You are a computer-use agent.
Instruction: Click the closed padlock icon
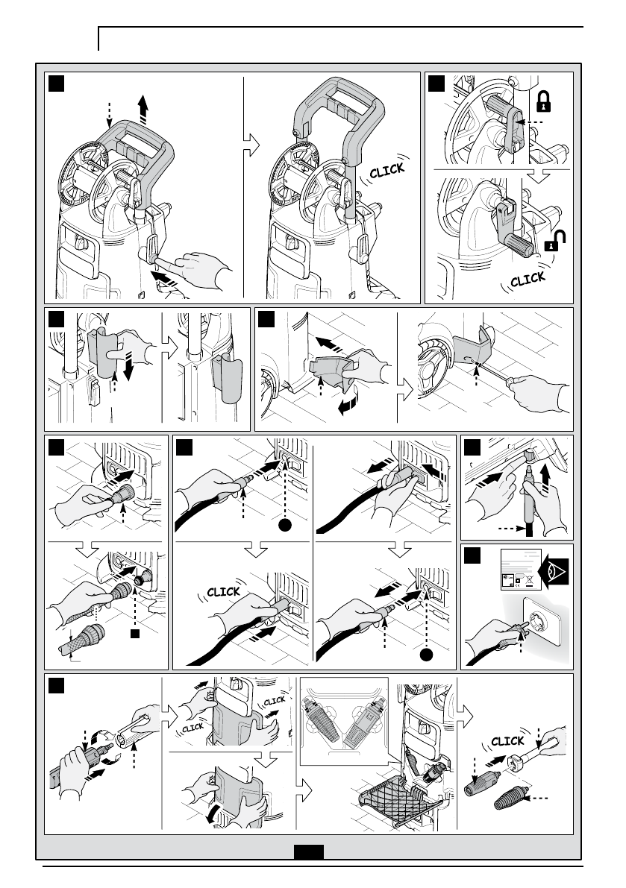(543, 100)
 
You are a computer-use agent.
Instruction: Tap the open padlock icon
(554, 241)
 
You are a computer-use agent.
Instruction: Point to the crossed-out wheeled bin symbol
(529, 580)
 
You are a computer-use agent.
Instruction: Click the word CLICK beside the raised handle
(387, 171)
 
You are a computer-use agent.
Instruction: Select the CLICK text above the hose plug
(223, 592)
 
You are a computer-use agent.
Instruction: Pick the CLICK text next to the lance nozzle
(507, 741)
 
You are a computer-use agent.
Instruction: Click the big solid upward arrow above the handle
(143, 110)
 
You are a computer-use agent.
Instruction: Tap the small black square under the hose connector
(135, 634)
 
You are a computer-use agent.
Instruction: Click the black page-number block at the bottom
(309, 851)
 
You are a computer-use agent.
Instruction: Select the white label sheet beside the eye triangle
(522, 569)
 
